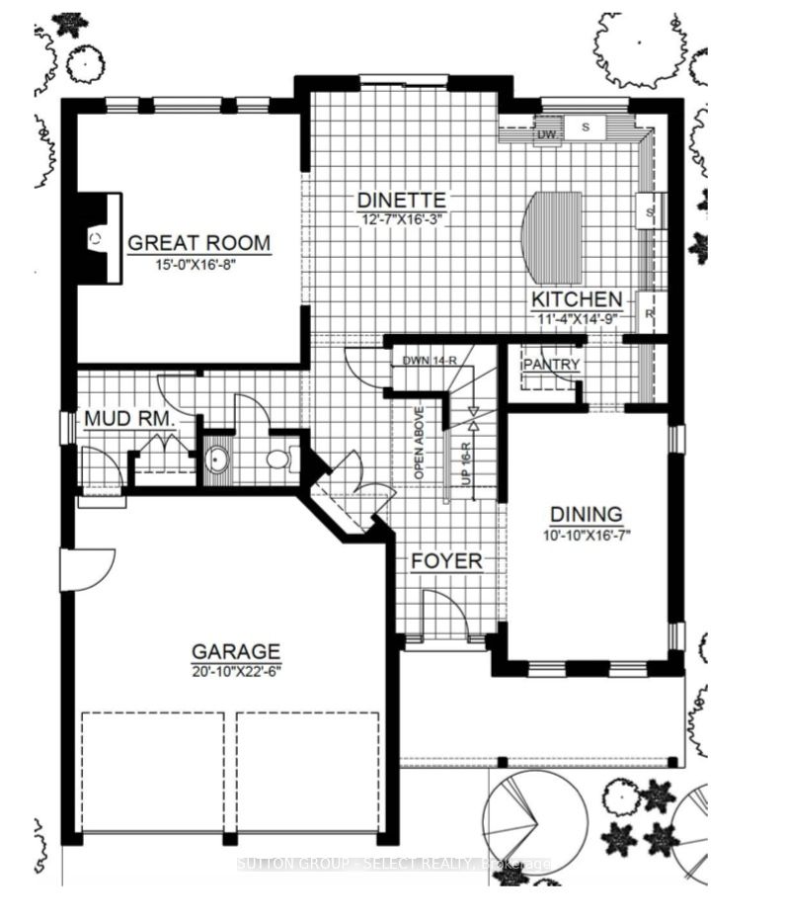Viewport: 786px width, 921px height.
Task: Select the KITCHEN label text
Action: click(577, 299)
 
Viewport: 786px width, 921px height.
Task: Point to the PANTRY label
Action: click(551, 365)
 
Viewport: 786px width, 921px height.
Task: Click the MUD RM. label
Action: click(129, 419)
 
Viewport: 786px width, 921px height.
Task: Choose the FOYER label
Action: click(447, 561)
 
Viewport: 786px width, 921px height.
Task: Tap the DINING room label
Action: click(586, 514)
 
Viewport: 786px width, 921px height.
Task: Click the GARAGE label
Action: click(236, 651)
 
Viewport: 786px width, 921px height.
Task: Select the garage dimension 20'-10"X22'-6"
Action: click(236, 672)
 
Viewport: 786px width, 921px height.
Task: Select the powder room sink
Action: click(216, 460)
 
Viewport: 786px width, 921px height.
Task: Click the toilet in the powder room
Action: click(278, 458)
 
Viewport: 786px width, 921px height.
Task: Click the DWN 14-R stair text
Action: click(425, 361)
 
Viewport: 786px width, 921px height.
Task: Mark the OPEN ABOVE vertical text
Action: click(419, 442)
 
